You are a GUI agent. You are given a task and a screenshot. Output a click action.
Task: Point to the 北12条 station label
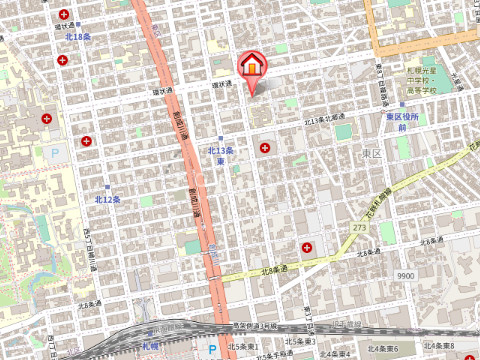108,199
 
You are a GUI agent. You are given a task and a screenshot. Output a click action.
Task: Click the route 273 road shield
358,229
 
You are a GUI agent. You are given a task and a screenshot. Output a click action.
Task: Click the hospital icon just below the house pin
265,148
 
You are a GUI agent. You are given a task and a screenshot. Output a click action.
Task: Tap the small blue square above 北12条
108,186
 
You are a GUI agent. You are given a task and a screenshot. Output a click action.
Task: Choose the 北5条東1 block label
243,346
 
